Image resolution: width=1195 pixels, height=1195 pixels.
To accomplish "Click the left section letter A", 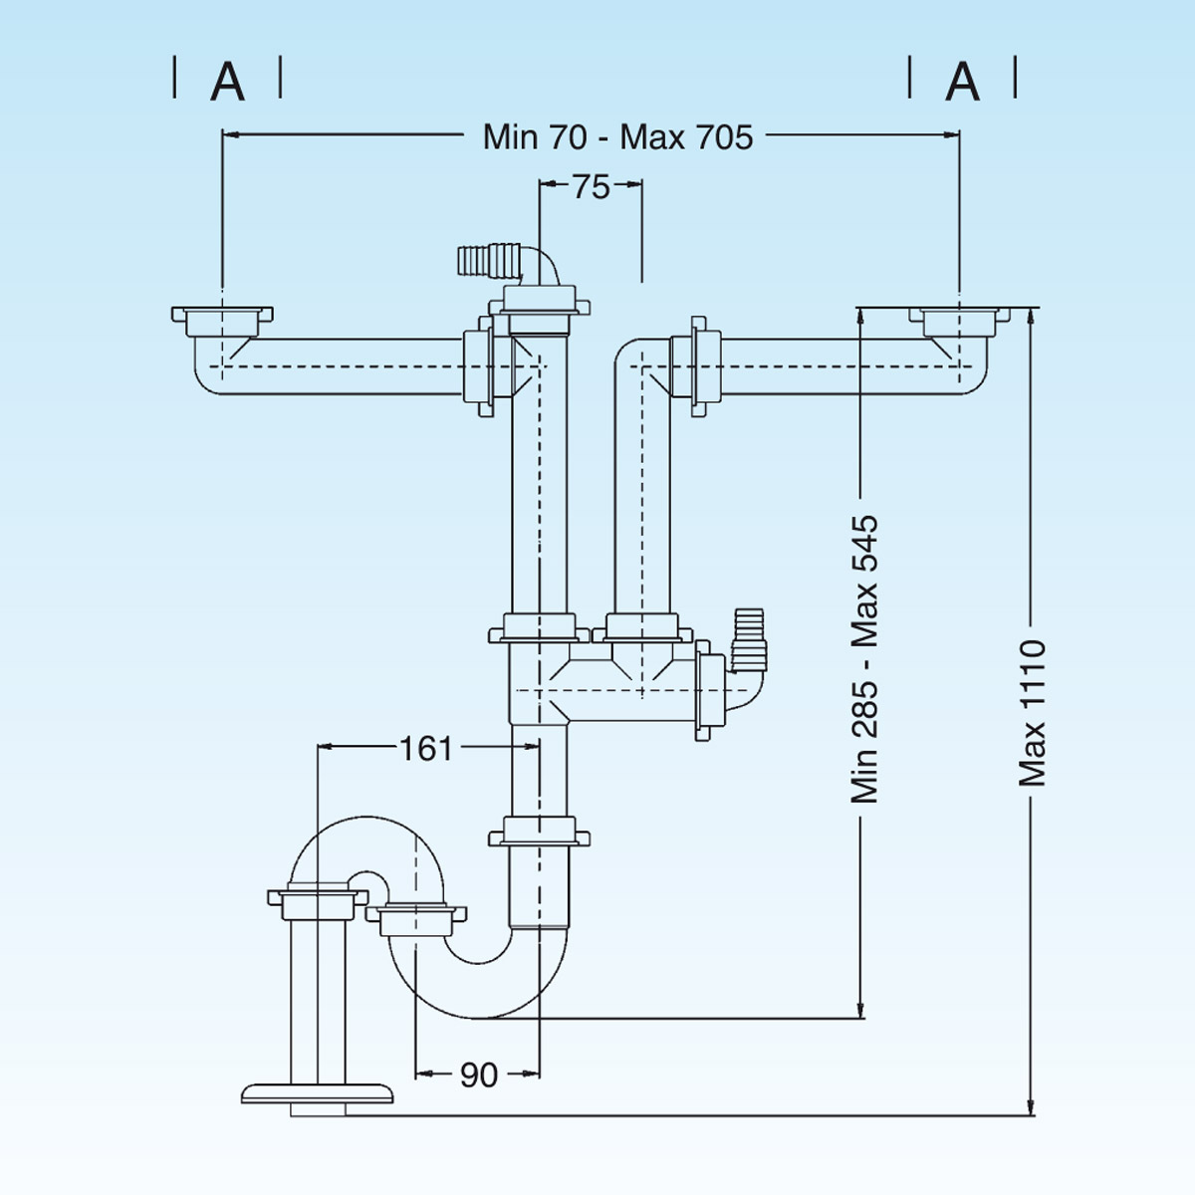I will click(x=228, y=82).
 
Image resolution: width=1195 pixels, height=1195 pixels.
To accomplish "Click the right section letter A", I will click(x=962, y=82).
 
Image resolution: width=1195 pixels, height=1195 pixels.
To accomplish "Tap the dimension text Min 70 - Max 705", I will click(x=617, y=136).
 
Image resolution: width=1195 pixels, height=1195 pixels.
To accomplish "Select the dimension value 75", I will click(x=591, y=186).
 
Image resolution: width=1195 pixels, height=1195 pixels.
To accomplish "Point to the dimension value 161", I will click(x=425, y=747).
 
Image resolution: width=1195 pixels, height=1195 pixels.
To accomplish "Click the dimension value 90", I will click(x=479, y=1075).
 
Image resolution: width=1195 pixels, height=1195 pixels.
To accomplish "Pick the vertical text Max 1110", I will click(x=1033, y=713).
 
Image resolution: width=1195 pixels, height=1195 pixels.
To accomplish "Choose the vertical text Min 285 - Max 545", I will click(x=864, y=658).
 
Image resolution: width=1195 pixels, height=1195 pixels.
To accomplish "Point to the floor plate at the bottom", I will click(x=318, y=1093).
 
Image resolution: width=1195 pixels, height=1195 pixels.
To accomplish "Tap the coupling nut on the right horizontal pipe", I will click(x=704, y=365).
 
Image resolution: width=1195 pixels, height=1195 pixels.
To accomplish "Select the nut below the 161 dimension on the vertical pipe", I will click(x=539, y=832).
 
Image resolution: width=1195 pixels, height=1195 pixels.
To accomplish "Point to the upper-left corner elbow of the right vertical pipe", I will click(x=633, y=358).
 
